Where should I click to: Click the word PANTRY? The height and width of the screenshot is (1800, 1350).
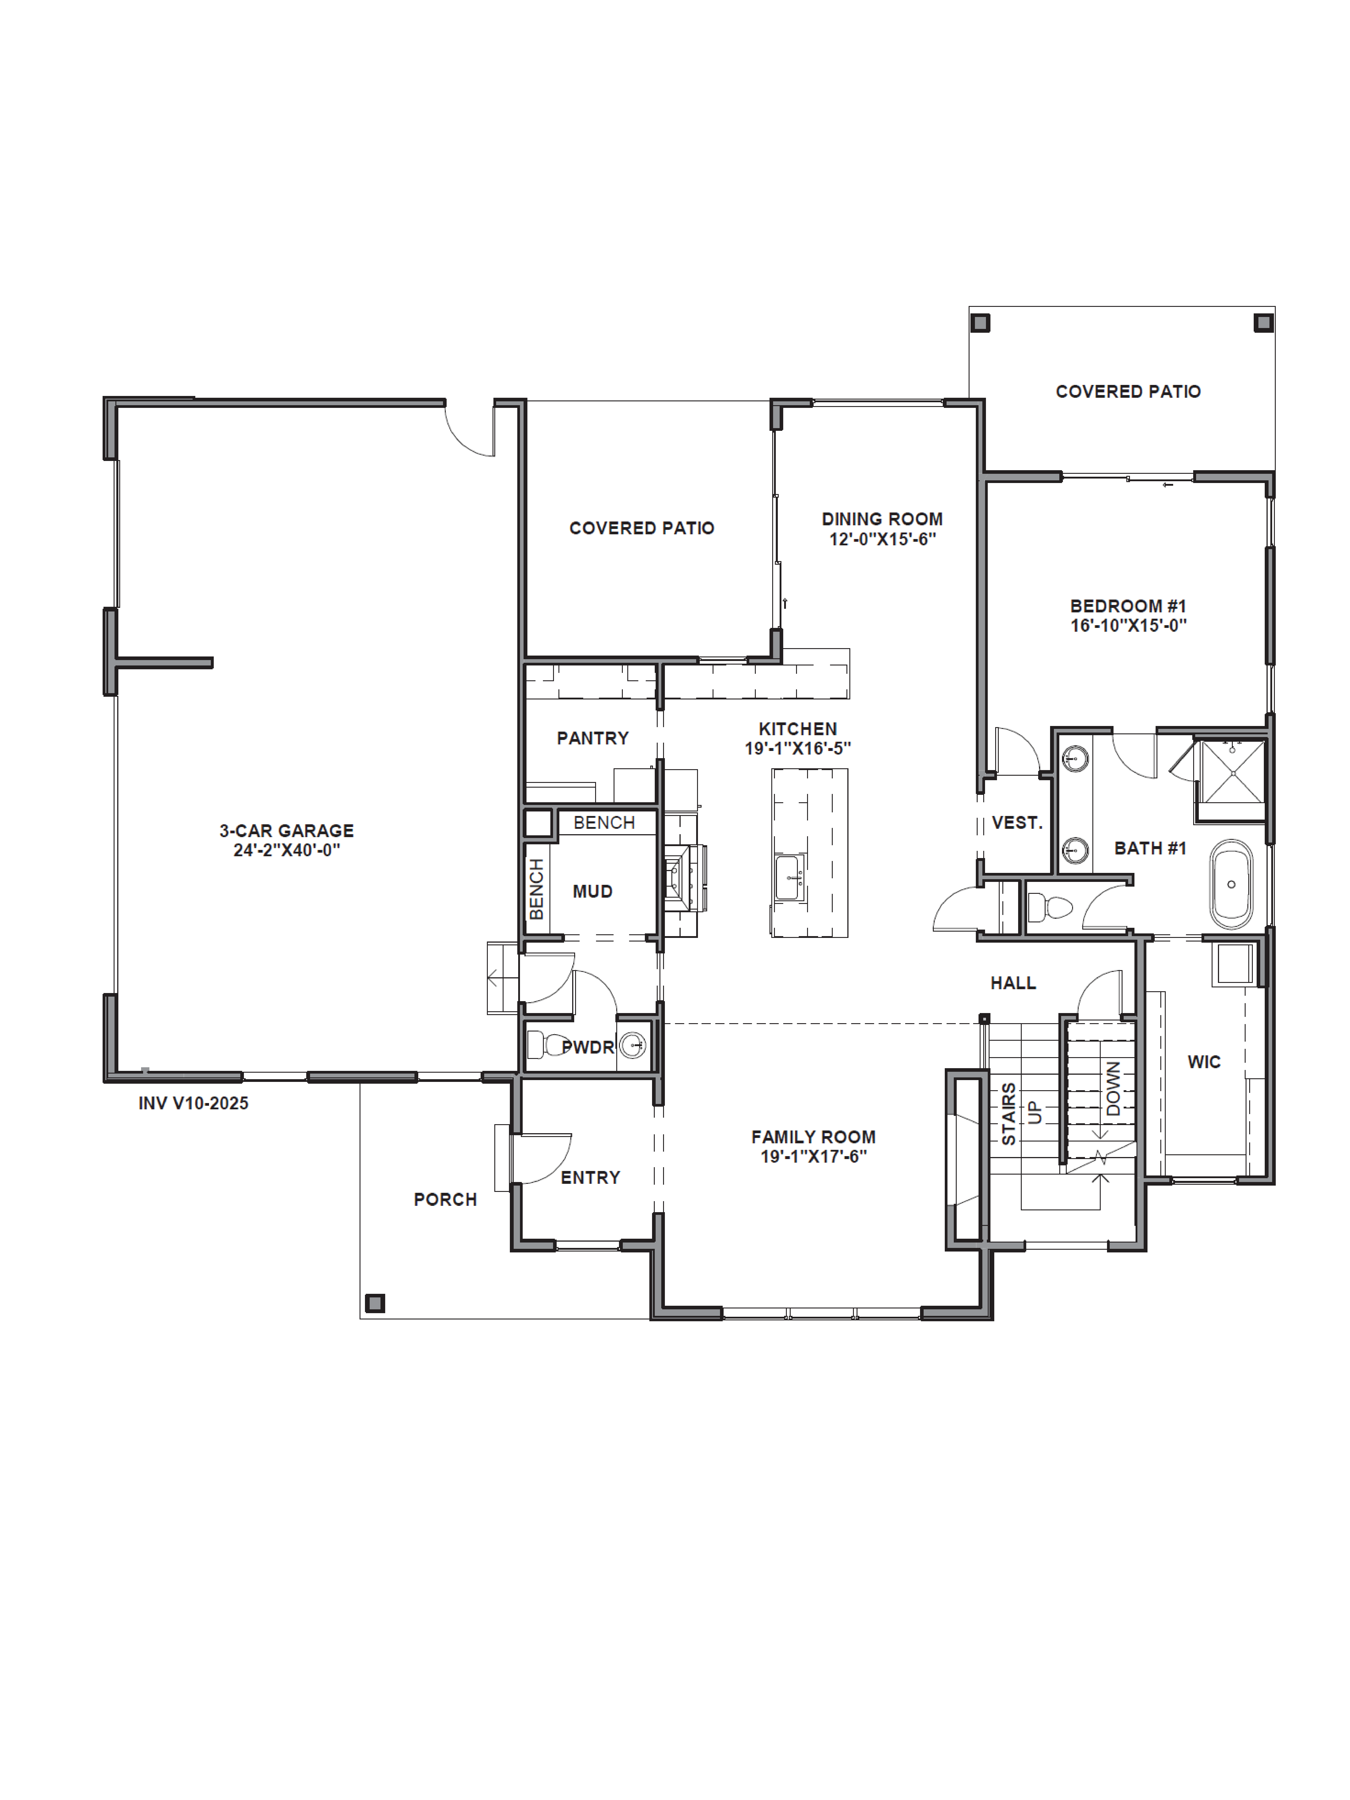pos(592,738)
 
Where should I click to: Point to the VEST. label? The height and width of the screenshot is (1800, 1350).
pos(1016,823)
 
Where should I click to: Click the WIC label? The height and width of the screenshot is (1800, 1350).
pos(1204,1062)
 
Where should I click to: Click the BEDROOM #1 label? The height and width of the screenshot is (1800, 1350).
pos(1128,606)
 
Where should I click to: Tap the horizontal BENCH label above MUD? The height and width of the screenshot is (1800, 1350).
pos(604,823)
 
